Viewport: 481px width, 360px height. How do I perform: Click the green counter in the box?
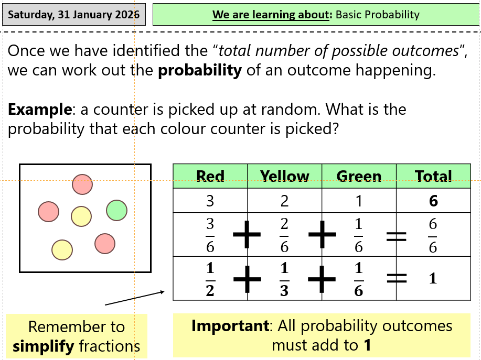tap(116, 210)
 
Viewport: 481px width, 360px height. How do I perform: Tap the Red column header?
tap(210, 176)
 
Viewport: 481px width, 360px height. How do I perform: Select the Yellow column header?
tap(284, 176)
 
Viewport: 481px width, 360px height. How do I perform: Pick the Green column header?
tap(359, 176)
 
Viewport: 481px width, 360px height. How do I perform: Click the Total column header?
tap(433, 176)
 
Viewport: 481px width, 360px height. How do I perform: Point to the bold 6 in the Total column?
tap(433, 201)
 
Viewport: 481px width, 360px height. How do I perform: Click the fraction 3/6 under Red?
tap(210, 235)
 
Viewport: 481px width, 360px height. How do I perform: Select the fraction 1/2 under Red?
tap(210, 279)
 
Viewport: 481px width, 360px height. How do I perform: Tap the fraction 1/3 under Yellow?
tap(284, 279)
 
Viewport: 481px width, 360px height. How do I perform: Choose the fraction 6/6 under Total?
tap(433, 235)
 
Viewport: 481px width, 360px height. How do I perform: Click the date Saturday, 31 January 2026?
tap(73, 14)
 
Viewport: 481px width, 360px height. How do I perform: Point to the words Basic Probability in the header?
tap(378, 14)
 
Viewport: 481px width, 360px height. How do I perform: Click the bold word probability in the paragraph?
tap(200, 70)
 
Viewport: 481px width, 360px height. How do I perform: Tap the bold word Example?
tap(40, 110)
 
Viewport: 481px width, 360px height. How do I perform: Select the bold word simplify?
tap(43, 346)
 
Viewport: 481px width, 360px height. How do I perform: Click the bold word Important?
tap(230, 326)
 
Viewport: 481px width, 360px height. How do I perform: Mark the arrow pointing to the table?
tap(135, 298)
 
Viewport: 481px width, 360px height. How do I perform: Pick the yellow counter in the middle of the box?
tap(81, 216)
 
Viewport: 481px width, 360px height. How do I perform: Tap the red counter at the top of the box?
tap(82, 184)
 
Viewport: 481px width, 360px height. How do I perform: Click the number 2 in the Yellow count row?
tap(284, 201)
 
